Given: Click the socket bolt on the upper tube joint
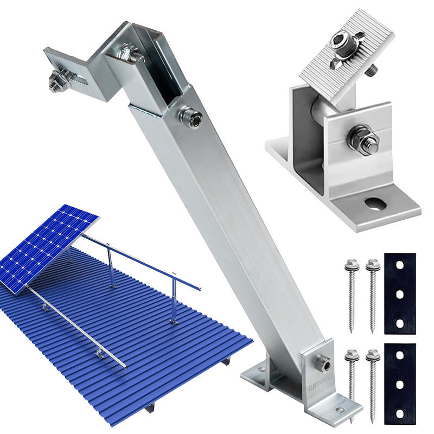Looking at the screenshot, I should click(193, 116).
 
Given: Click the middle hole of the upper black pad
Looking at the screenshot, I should click(400, 294).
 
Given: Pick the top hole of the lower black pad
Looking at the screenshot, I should click(400, 356).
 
